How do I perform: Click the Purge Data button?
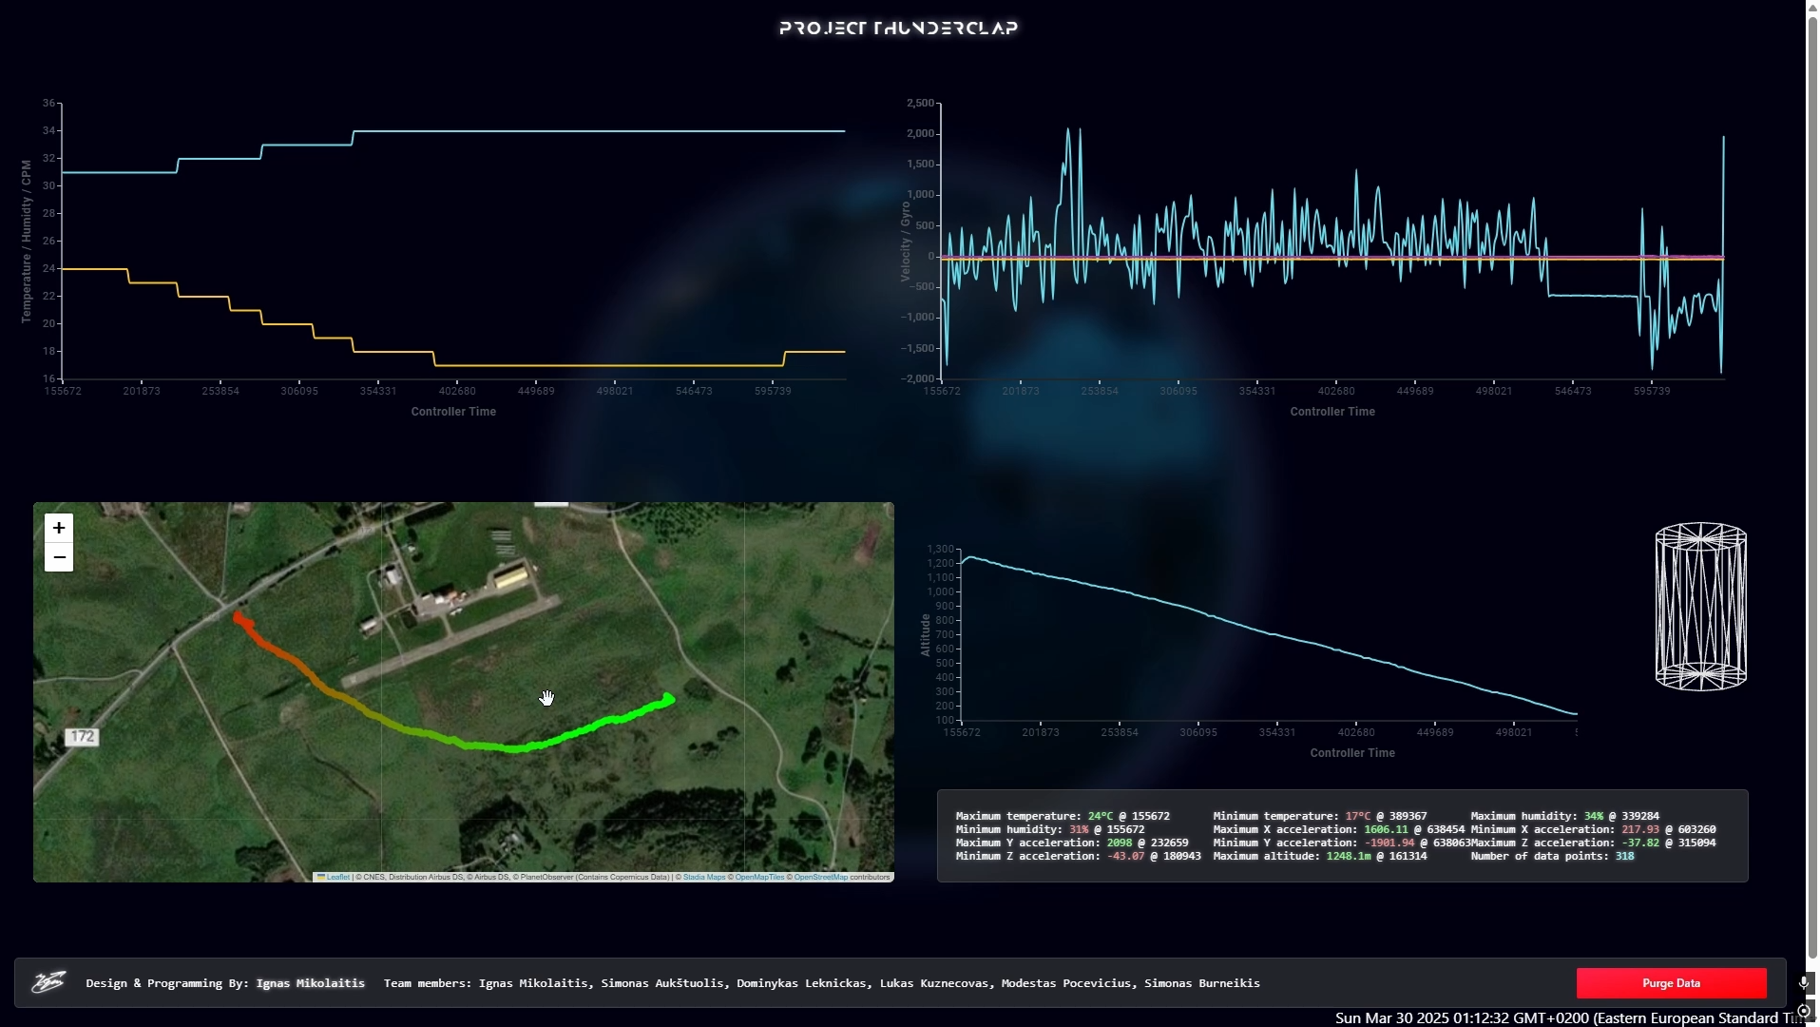tap(1671, 983)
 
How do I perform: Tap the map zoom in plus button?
tap(59, 528)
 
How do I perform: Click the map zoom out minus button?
tap(59, 557)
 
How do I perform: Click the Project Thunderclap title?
tap(898, 28)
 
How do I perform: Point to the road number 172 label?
tap(83, 737)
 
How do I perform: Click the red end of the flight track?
tap(238, 618)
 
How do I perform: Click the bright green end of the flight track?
tap(669, 700)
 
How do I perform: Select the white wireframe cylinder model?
tap(1700, 606)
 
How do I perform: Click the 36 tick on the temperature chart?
tap(48, 103)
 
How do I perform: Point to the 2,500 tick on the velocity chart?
tap(920, 103)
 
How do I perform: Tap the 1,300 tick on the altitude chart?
tap(940, 550)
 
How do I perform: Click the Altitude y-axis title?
tap(925, 634)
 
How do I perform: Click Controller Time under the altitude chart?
tap(1351, 753)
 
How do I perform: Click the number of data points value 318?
tap(1624, 857)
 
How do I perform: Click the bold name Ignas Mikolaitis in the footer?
tap(310, 983)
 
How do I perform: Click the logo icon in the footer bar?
tap(48, 982)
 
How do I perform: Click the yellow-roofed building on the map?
tap(511, 576)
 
